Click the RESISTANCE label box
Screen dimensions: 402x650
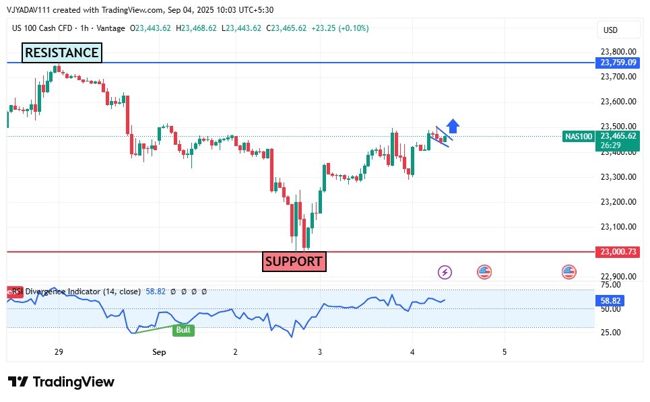coord(62,53)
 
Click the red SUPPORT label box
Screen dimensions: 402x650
coord(294,261)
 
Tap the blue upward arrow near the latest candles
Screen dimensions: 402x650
coord(453,126)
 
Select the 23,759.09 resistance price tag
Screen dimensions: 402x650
coord(618,63)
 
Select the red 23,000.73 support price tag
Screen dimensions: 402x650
coord(618,252)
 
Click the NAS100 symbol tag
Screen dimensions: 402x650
coord(579,136)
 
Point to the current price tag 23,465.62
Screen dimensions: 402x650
coord(618,135)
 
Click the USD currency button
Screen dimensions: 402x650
coord(611,30)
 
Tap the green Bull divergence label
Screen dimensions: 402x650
coord(183,330)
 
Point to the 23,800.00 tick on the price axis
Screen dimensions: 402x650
coord(618,52)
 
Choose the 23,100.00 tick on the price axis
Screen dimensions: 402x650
coord(618,227)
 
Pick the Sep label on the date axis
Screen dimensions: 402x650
coord(159,352)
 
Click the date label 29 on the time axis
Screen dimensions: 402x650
coord(59,352)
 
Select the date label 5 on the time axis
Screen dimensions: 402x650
coord(505,352)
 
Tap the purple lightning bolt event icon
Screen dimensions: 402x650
coord(445,272)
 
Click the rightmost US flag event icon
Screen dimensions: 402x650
coord(569,272)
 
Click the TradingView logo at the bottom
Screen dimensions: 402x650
coord(61,382)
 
